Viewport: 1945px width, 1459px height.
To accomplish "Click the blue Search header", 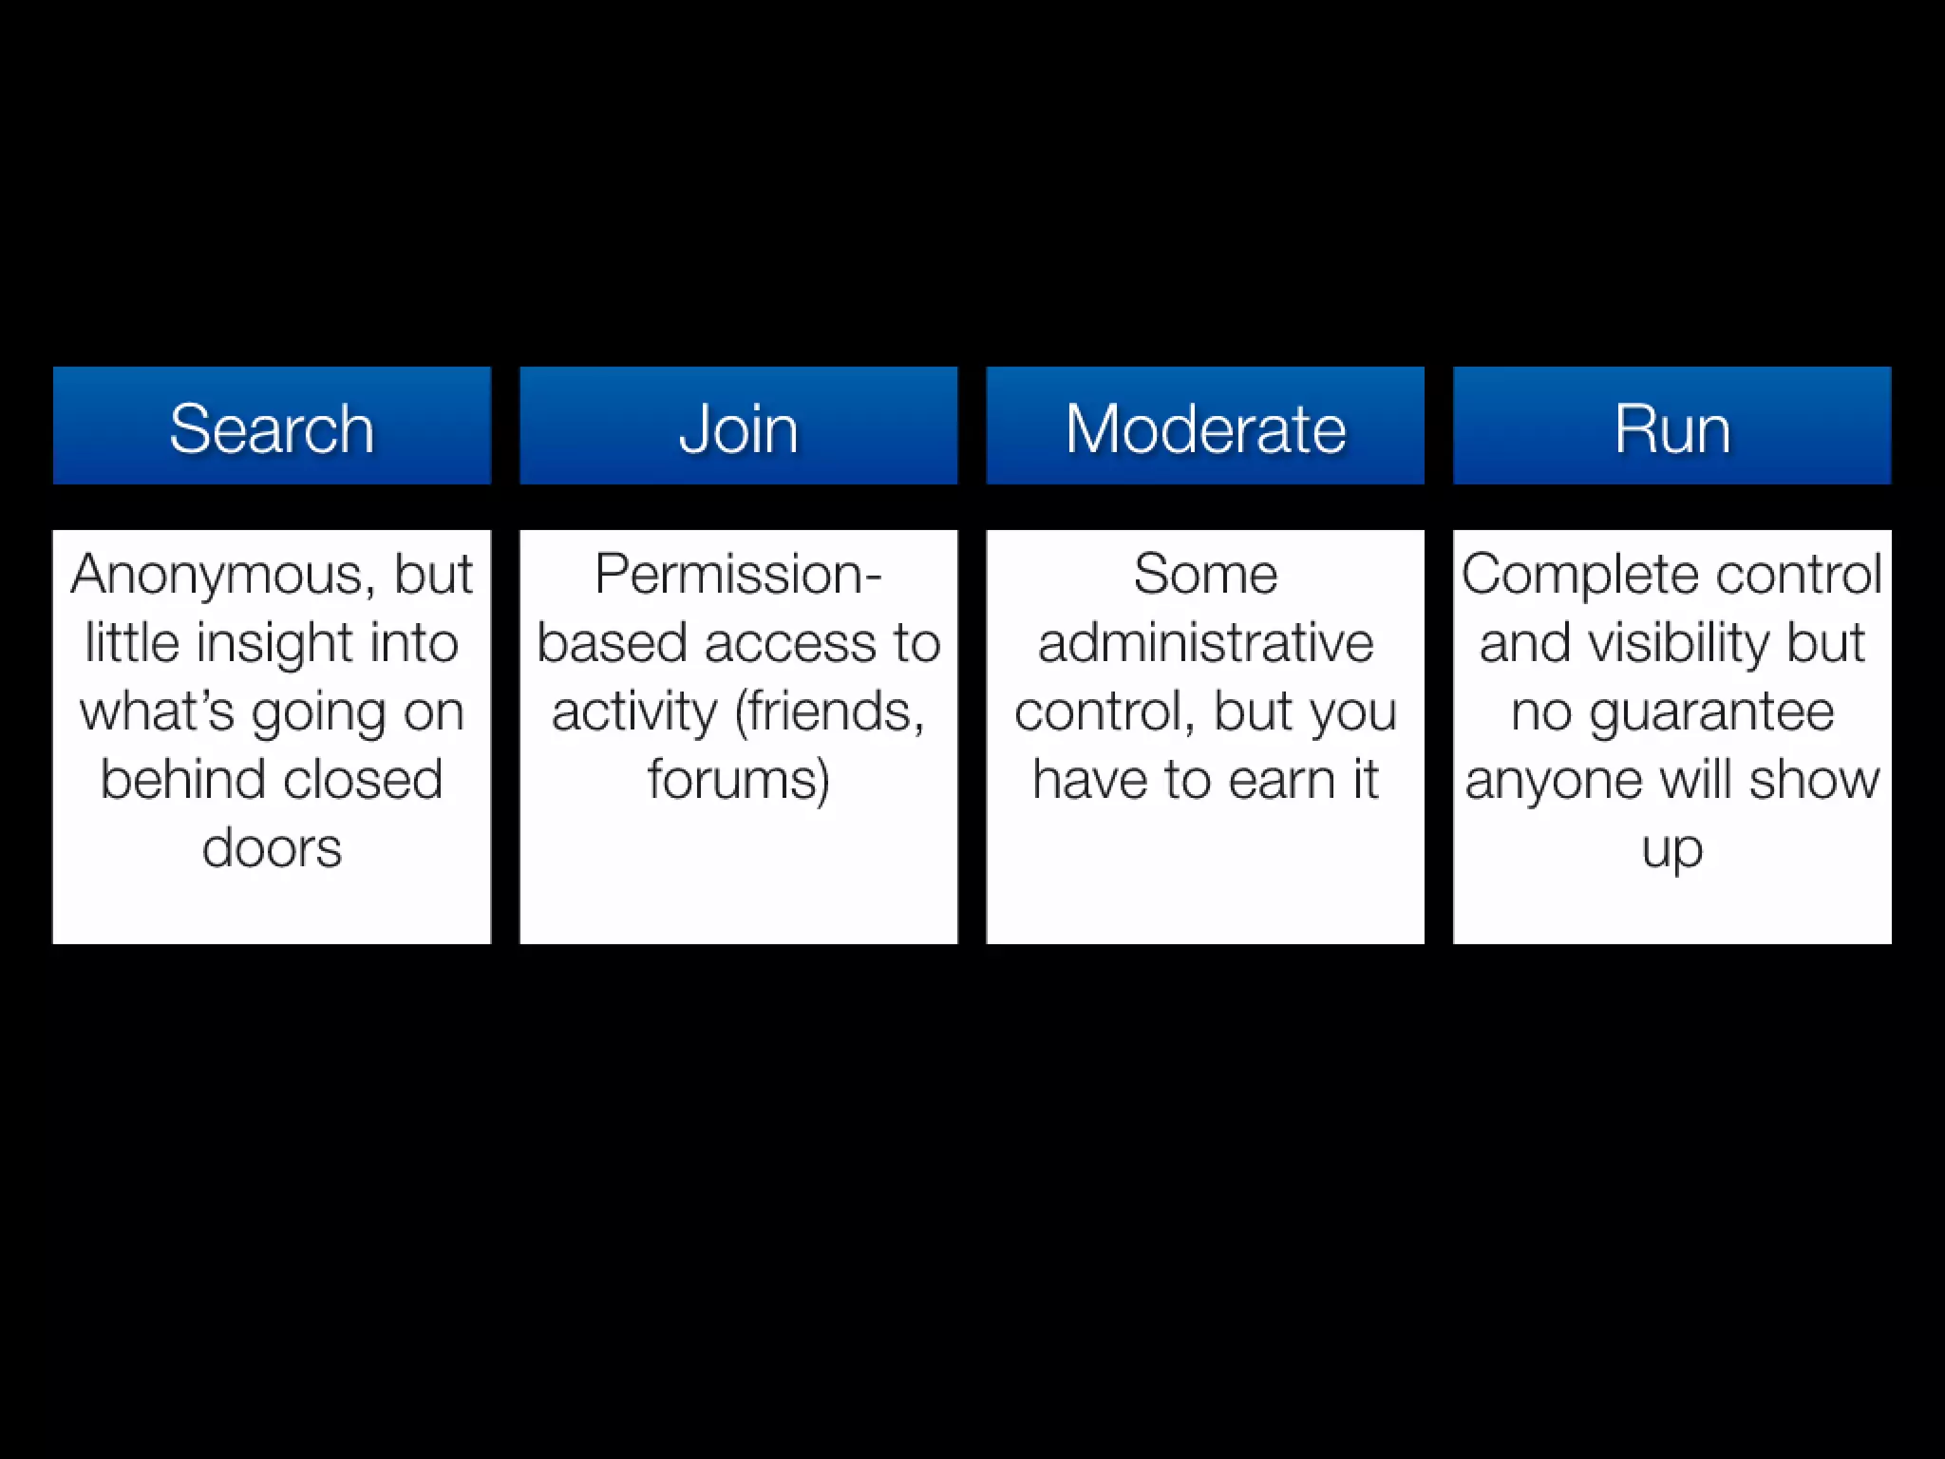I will [272, 426].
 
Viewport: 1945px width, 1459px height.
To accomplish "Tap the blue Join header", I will [738, 426].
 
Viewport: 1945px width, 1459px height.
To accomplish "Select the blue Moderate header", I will [1205, 426].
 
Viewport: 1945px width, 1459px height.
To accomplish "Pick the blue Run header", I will [1671, 426].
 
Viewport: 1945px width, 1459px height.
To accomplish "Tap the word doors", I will [272, 847].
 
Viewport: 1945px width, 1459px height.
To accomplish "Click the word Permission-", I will [738, 576].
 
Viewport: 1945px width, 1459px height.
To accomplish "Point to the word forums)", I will [738, 780].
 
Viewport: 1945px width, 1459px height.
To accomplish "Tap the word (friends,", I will [830, 711].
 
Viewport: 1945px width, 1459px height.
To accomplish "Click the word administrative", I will [1205, 643].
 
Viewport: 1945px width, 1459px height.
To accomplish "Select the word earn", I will [1277, 780].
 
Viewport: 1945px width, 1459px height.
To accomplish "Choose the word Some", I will [1205, 575].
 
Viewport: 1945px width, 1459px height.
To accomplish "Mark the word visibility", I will [1679, 643].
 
